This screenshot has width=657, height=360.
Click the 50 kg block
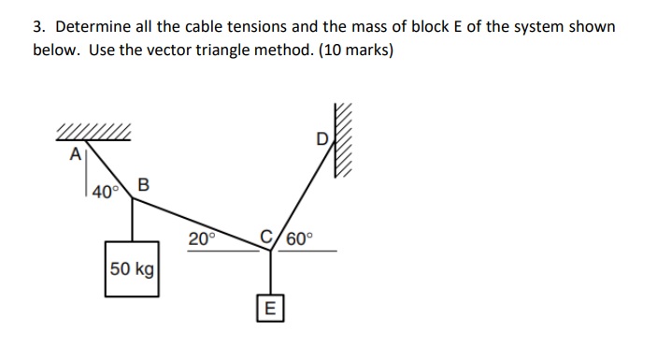click(x=131, y=268)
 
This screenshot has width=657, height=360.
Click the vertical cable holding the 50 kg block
click(x=132, y=224)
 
